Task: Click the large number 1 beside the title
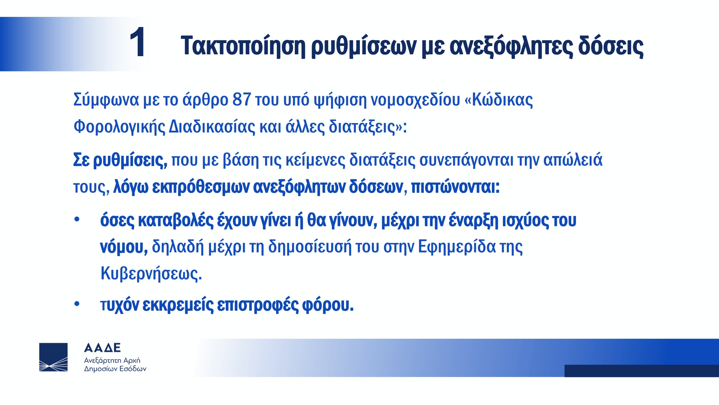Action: (x=138, y=42)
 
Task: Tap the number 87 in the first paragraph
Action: (x=242, y=99)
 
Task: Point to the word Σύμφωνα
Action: (x=106, y=100)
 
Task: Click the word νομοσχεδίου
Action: (x=415, y=100)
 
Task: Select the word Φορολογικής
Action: (x=119, y=127)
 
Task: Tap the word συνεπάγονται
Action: (x=466, y=160)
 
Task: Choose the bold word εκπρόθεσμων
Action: (x=201, y=187)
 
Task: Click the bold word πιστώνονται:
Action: (x=455, y=187)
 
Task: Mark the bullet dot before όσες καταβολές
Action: (x=77, y=219)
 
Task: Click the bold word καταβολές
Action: (x=176, y=220)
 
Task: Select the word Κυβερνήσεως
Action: (x=151, y=273)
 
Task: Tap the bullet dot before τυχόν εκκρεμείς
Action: (x=77, y=304)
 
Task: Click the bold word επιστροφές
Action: (x=258, y=305)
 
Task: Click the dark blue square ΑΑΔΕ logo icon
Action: (x=53, y=357)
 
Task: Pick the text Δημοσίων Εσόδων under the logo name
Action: (x=115, y=369)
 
